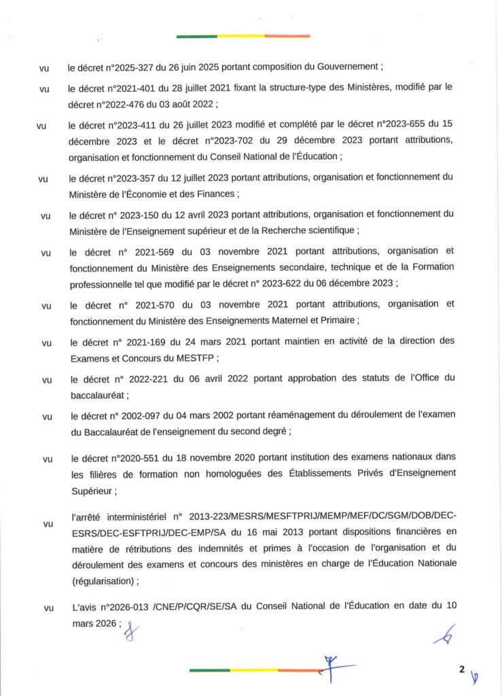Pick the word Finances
[213, 194]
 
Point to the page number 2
[461, 669]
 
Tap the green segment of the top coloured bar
[197, 36]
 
